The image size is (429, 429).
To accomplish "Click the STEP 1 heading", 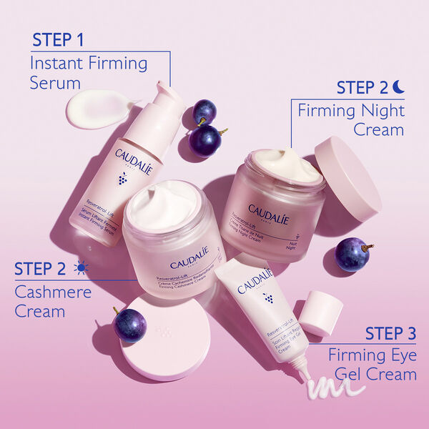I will (x=63, y=38).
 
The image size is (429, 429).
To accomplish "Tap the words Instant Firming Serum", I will (x=88, y=72).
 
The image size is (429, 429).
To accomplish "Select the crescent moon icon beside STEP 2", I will (x=398, y=87).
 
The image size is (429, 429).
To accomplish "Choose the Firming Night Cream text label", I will (x=350, y=120).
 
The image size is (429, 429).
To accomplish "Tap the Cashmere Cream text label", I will (x=49, y=301).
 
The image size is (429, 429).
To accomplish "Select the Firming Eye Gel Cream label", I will (x=372, y=364).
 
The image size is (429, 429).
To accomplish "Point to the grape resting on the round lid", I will (x=129, y=325).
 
